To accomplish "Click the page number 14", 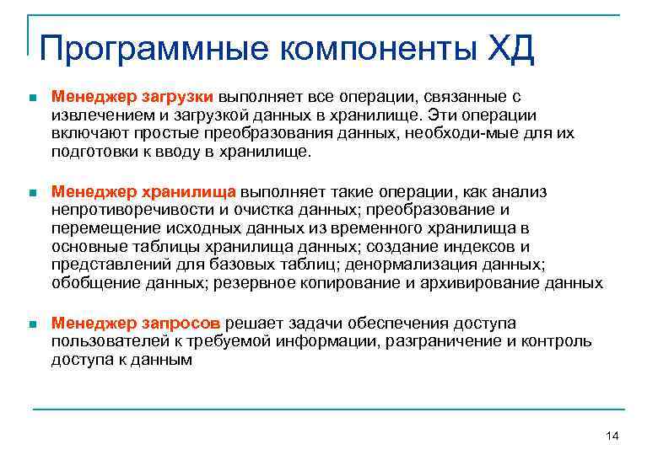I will tap(612, 435).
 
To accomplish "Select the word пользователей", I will tap(100, 341).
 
